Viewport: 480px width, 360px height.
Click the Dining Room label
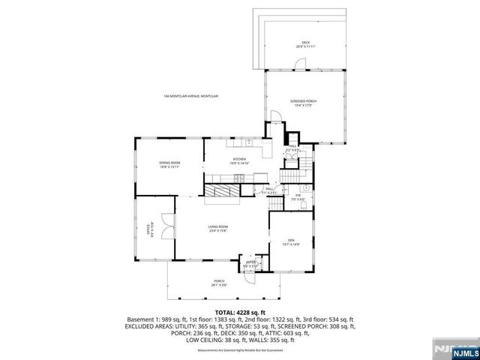coord(170,163)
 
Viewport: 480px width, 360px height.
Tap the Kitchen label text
coord(239,159)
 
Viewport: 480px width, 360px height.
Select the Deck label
coord(305,42)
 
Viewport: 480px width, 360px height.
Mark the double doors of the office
coord(167,224)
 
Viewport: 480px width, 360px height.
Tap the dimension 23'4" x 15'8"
coord(218,230)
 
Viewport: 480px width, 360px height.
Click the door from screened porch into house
coord(277,118)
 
